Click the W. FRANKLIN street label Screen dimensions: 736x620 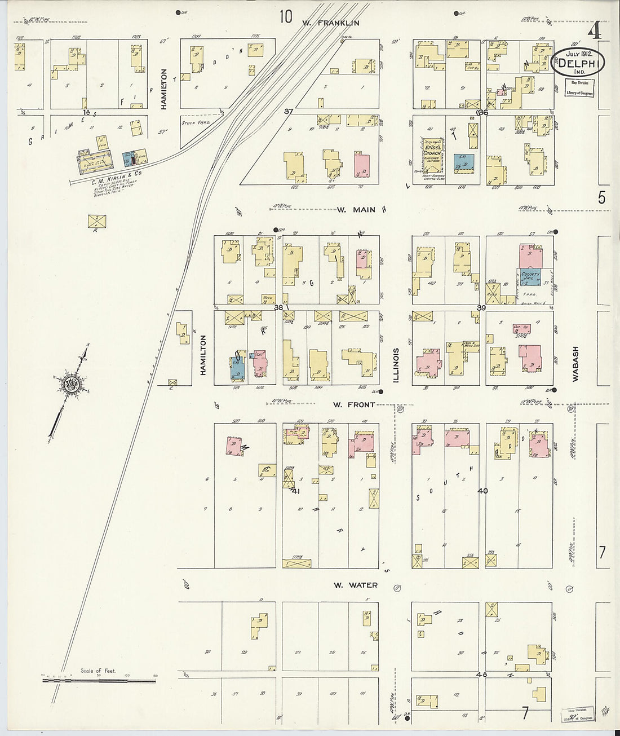[x=330, y=23]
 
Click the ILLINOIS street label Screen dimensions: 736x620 [x=396, y=365]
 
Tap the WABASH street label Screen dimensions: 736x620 [x=575, y=364]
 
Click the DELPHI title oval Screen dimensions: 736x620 [x=578, y=63]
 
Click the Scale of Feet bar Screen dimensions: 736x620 [x=99, y=680]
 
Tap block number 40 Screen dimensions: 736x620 [x=482, y=491]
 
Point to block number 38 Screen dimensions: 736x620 [x=278, y=308]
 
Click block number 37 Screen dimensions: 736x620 [x=289, y=112]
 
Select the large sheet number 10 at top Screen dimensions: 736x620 [x=286, y=17]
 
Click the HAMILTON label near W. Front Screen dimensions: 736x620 [x=203, y=355]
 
